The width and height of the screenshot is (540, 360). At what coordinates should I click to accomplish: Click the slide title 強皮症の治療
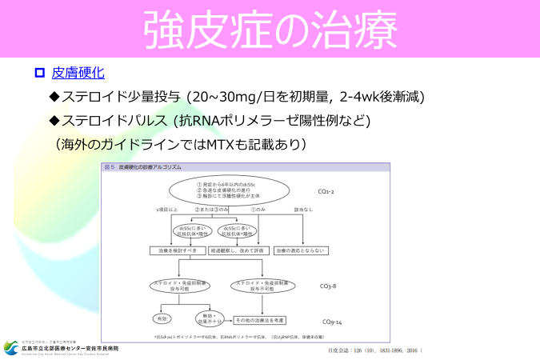click(x=270, y=29)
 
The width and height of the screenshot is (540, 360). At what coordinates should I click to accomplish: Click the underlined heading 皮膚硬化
click(x=78, y=73)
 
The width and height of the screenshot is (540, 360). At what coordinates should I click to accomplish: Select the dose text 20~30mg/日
click(x=233, y=97)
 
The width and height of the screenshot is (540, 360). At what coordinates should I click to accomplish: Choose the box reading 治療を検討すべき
click(x=177, y=250)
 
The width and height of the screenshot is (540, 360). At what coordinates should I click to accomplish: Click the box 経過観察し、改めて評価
click(x=238, y=250)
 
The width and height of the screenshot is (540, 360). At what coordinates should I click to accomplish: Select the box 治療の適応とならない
click(x=300, y=250)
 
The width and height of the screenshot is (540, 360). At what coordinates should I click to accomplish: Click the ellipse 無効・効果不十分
click(x=206, y=318)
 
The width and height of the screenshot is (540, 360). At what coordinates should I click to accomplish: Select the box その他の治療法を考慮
click(x=261, y=320)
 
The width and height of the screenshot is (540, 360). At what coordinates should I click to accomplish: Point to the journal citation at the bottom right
click(x=374, y=350)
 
